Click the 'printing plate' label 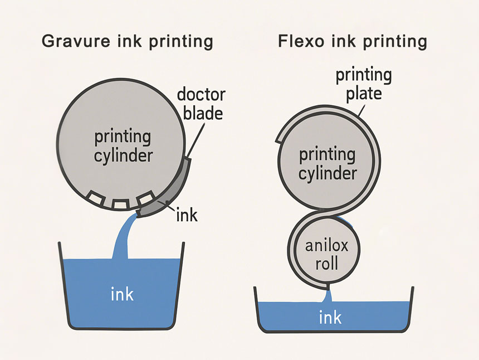coord(364,84)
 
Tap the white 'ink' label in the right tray coord(330,318)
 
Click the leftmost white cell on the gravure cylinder coord(95,197)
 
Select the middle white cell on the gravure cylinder coord(120,203)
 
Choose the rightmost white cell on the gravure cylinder coord(145,198)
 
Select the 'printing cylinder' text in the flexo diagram coord(328,163)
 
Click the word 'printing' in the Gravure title coord(178,41)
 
